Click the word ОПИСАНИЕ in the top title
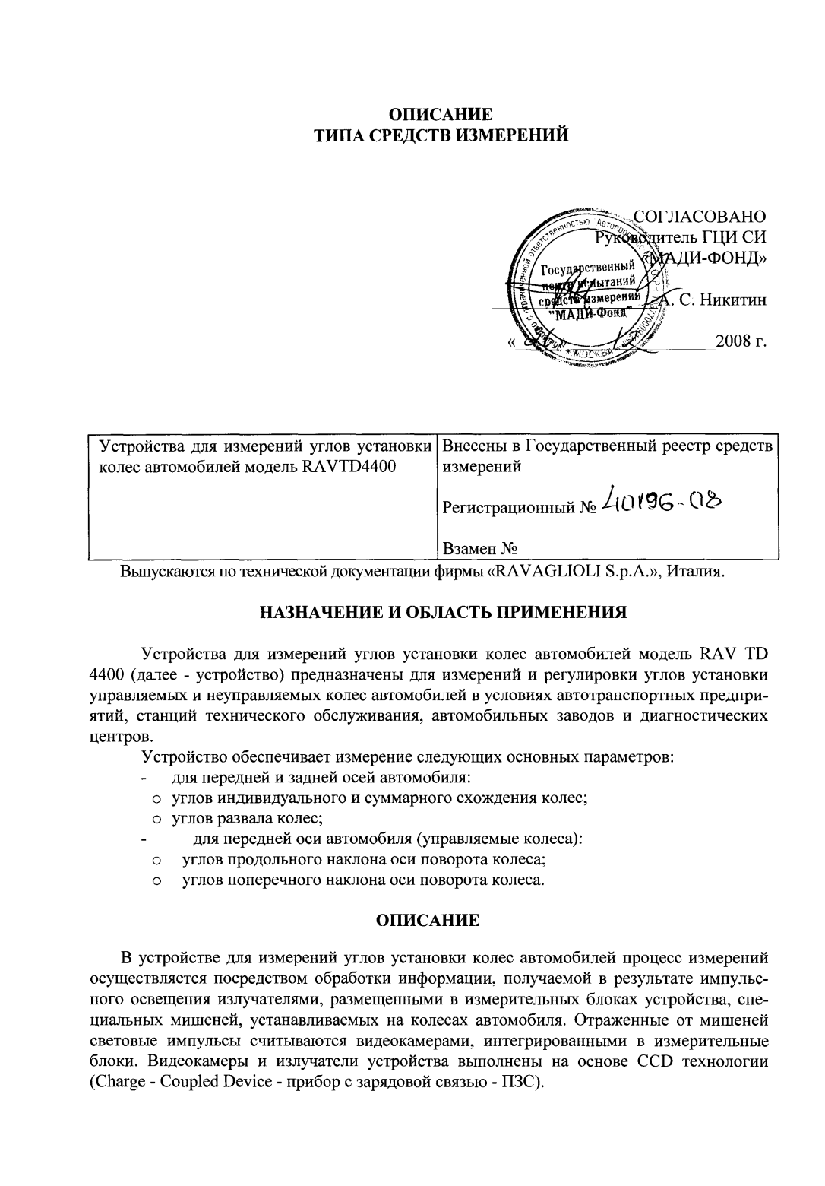click(441, 116)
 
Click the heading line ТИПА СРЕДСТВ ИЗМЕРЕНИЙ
click(441, 137)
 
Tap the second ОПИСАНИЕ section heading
click(428, 921)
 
